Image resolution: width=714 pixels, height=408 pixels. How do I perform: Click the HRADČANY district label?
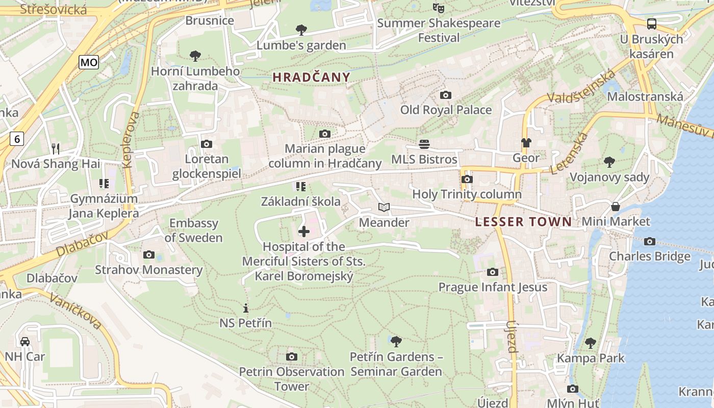click(x=311, y=78)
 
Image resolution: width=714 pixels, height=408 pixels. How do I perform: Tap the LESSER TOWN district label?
click(x=523, y=222)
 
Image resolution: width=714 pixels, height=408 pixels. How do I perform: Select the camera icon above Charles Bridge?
click(x=649, y=241)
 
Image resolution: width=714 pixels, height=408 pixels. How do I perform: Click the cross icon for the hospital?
click(x=303, y=232)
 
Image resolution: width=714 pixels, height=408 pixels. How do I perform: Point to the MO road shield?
click(x=89, y=63)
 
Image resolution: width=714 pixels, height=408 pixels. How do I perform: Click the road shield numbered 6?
click(x=17, y=138)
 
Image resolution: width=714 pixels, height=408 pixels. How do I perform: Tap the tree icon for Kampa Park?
click(x=591, y=343)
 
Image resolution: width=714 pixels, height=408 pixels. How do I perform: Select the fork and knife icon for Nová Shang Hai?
click(x=56, y=149)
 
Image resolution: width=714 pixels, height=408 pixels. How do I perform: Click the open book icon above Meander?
click(x=384, y=207)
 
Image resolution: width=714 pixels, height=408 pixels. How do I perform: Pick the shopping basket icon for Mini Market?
click(x=616, y=207)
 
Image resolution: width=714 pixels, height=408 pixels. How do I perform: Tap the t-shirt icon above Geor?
click(x=526, y=143)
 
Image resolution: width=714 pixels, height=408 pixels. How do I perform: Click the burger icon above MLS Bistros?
click(x=424, y=144)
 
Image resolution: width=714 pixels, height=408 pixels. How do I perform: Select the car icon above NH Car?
click(x=24, y=341)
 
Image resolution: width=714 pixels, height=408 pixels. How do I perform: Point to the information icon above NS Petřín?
click(x=245, y=308)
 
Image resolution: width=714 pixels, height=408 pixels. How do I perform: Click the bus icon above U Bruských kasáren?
click(x=651, y=23)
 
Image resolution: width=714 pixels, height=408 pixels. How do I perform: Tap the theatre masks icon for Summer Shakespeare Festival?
click(x=438, y=8)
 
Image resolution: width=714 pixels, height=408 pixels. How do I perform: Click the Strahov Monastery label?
click(x=148, y=270)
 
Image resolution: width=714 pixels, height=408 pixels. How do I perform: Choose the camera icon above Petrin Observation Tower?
click(x=292, y=356)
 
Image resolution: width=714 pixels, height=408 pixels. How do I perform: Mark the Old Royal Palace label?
click(x=446, y=110)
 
